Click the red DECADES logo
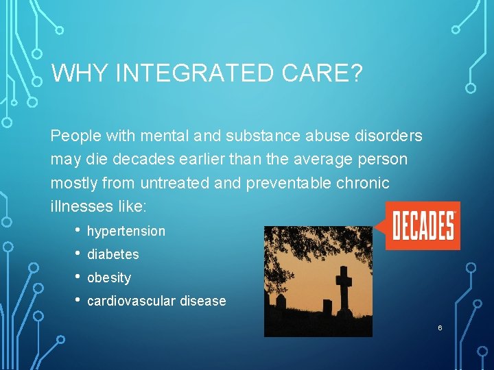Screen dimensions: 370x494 [423, 225]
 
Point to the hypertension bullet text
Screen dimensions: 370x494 [126, 232]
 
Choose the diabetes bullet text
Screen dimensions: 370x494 [113, 254]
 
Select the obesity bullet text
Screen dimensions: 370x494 [109, 277]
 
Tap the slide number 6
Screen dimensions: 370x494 [440, 328]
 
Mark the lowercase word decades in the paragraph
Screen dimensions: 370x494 [136, 160]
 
